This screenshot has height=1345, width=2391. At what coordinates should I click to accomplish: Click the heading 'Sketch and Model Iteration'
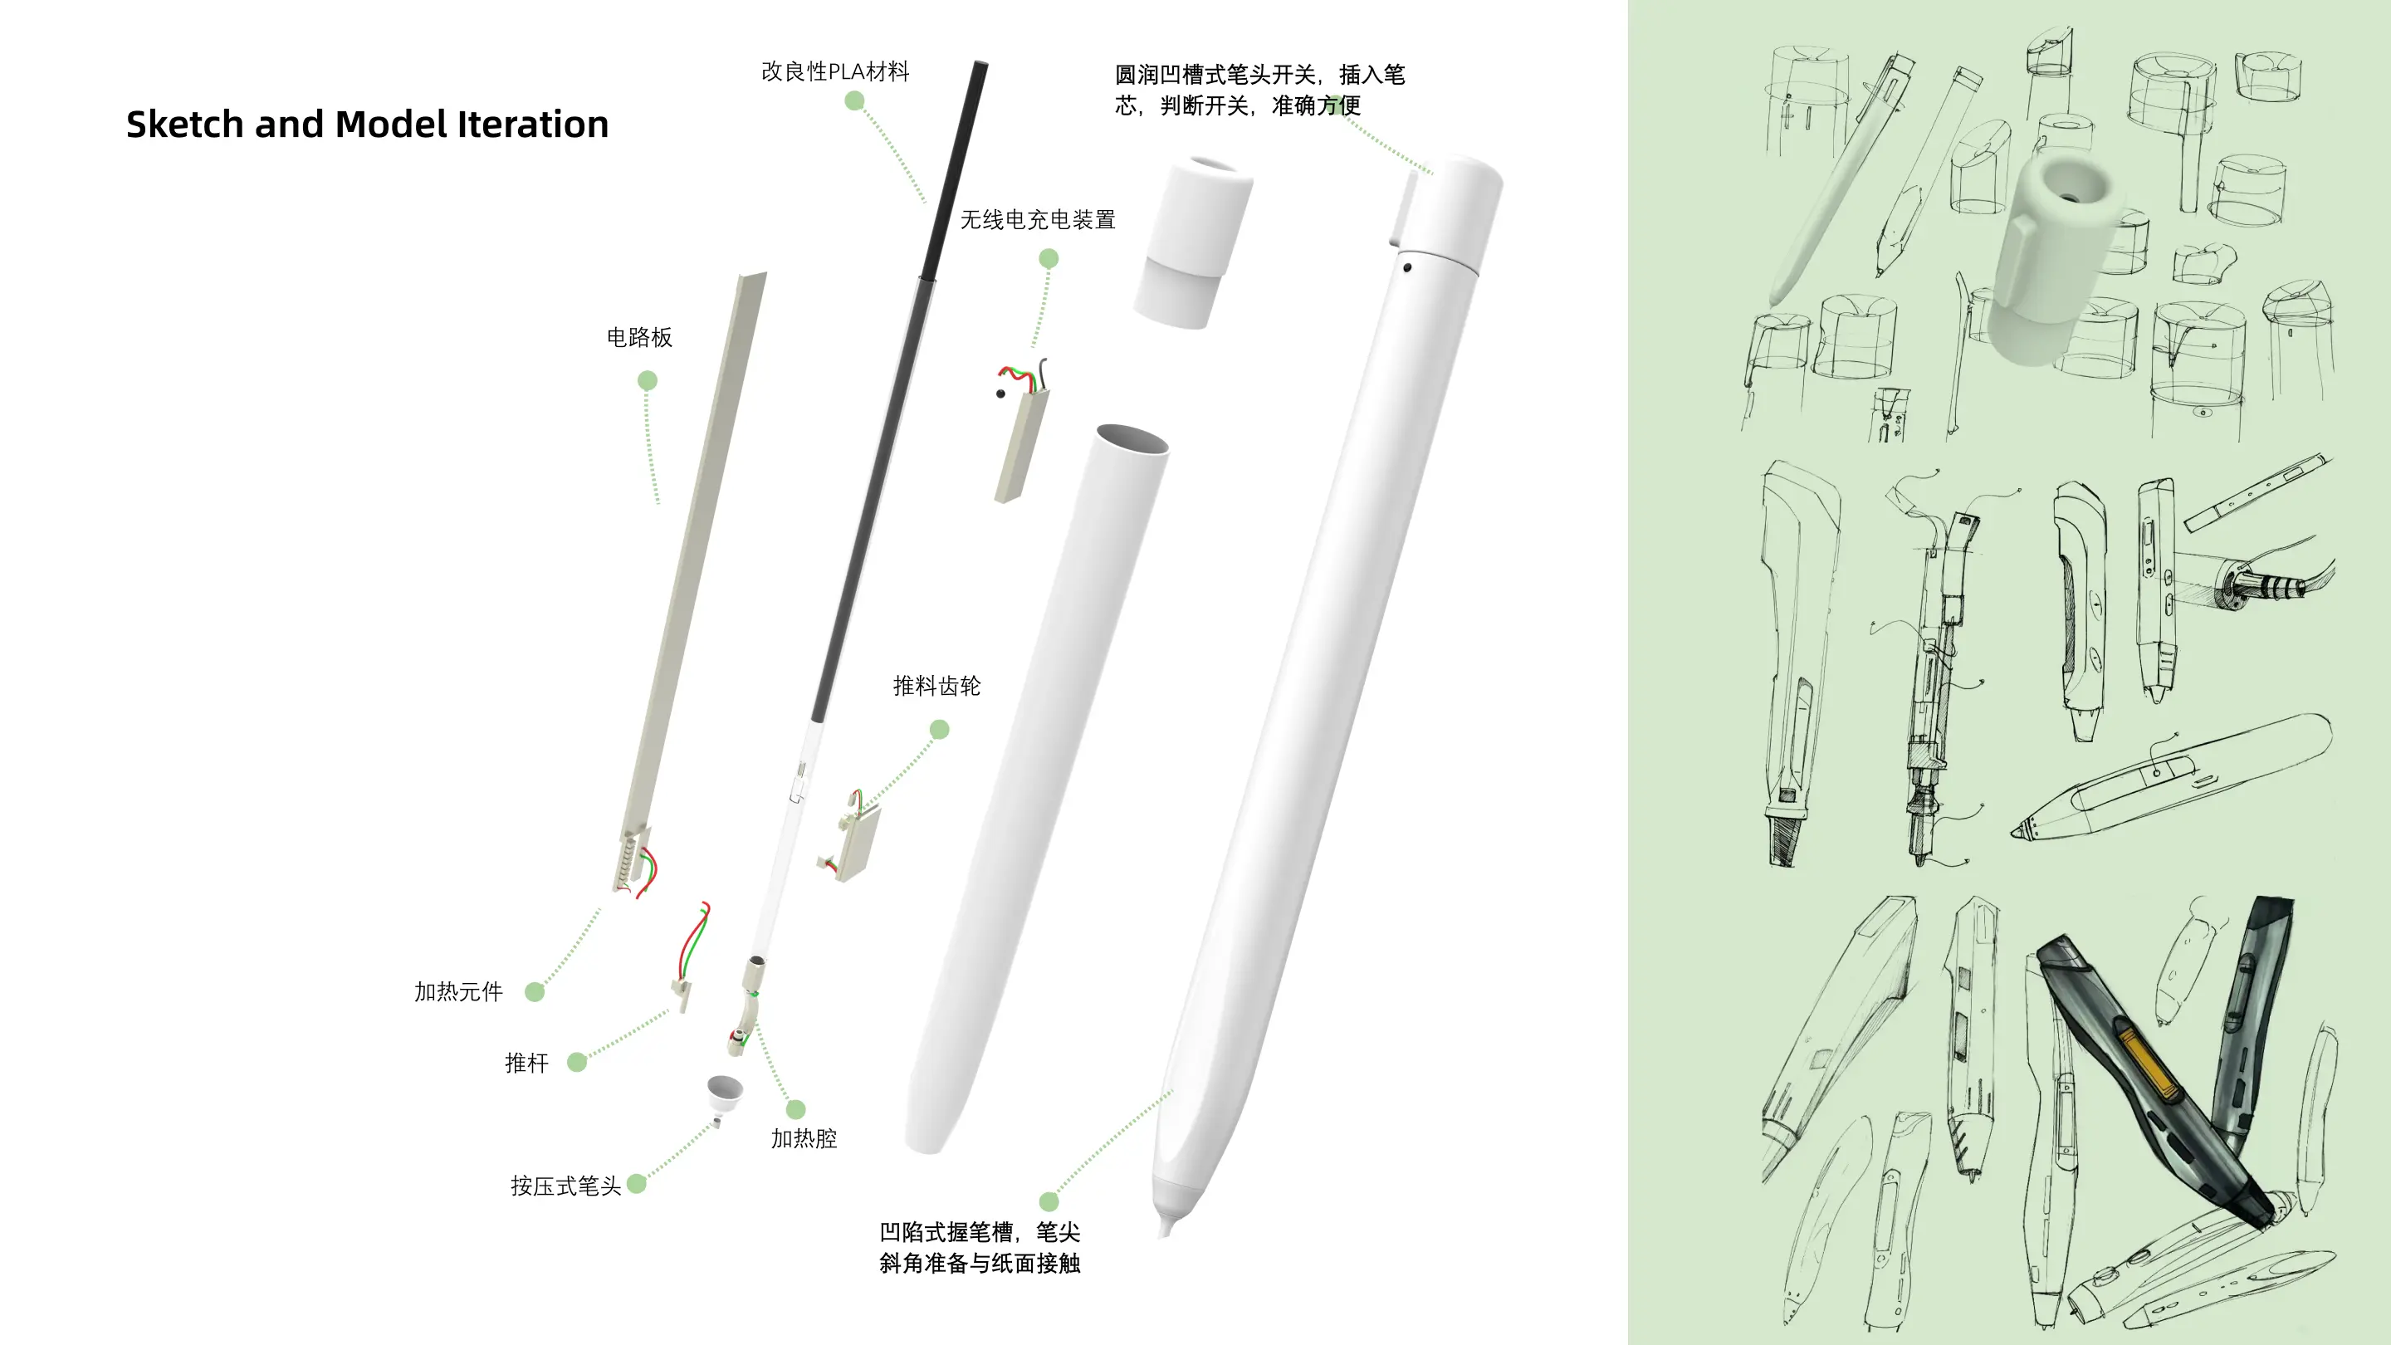[368, 125]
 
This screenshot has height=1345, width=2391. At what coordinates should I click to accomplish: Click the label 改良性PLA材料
[835, 71]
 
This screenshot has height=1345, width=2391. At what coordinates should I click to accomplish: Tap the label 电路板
[639, 337]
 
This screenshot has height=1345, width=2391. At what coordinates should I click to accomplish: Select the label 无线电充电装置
[1038, 220]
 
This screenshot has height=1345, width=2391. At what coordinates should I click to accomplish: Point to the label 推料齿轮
[936, 686]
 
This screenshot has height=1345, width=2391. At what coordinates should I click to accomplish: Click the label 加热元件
[458, 992]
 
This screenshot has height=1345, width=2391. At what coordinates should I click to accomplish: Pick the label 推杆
[526, 1063]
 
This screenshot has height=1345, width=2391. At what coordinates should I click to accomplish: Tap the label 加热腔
[804, 1139]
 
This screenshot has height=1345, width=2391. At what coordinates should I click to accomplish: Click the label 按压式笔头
[565, 1186]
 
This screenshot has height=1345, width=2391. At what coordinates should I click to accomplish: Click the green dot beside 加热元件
[535, 992]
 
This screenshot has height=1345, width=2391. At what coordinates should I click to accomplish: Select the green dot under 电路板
[648, 380]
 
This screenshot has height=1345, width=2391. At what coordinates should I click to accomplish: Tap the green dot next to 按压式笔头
[637, 1183]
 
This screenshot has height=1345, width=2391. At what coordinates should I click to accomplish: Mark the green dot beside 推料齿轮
[939, 730]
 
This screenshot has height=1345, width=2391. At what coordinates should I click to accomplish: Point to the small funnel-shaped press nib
[724, 1095]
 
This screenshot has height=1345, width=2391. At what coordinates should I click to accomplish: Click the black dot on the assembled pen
[1407, 268]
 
